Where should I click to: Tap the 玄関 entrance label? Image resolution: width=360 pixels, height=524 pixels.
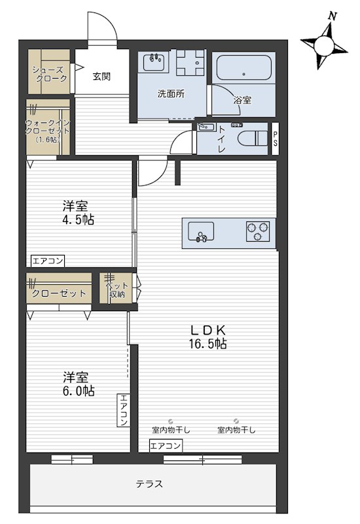click(x=101, y=76)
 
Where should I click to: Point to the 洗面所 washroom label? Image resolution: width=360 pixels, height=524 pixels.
click(x=171, y=94)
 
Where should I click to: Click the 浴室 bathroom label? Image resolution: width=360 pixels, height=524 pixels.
click(x=242, y=100)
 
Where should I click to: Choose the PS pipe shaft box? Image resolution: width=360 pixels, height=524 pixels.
click(x=276, y=139)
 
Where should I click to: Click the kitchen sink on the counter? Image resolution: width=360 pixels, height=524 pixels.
click(x=201, y=231)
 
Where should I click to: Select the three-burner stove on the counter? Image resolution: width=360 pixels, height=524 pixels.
click(x=257, y=231)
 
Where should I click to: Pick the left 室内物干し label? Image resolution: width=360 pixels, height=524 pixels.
click(x=171, y=430)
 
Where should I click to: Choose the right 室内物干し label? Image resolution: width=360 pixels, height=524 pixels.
click(x=236, y=430)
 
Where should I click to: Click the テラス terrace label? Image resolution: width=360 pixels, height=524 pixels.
click(x=149, y=485)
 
